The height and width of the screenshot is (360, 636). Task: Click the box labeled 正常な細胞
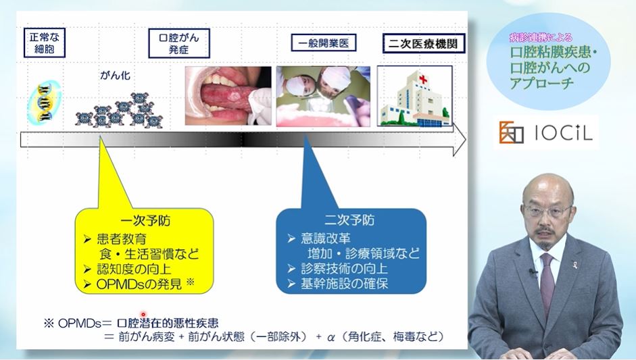click(x=44, y=43)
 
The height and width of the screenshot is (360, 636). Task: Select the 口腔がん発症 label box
click(x=179, y=43)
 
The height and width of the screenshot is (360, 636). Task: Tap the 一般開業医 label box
click(x=324, y=43)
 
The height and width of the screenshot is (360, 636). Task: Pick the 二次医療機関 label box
click(x=424, y=43)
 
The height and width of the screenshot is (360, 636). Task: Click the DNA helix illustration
click(x=45, y=102)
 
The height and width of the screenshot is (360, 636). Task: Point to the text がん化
click(x=115, y=76)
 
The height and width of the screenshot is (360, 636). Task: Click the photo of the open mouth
click(x=228, y=96)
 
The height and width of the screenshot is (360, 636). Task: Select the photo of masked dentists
click(x=323, y=97)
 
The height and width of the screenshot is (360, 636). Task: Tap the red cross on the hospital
click(x=424, y=78)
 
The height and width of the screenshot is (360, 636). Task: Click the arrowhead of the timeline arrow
click(x=459, y=140)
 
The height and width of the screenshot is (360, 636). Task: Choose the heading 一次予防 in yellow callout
click(x=145, y=221)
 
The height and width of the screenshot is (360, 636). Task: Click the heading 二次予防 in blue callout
click(x=349, y=220)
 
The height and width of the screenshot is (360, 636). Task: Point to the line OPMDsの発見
click(x=139, y=284)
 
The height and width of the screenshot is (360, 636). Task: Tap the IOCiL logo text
click(x=564, y=132)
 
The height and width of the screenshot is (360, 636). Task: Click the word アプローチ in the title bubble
click(x=542, y=83)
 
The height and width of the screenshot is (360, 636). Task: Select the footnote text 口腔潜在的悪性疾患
click(x=168, y=323)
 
